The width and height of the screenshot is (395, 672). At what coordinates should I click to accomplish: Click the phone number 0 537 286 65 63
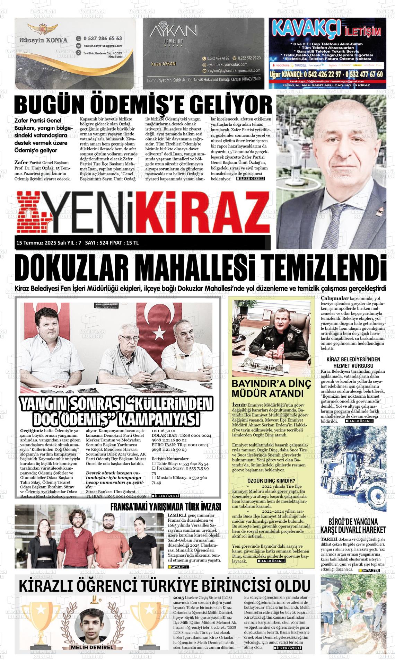(103, 38)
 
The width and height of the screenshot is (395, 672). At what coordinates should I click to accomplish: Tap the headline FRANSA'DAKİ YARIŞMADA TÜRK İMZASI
(165, 507)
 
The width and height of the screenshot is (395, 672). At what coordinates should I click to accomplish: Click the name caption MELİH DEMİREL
(92, 647)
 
